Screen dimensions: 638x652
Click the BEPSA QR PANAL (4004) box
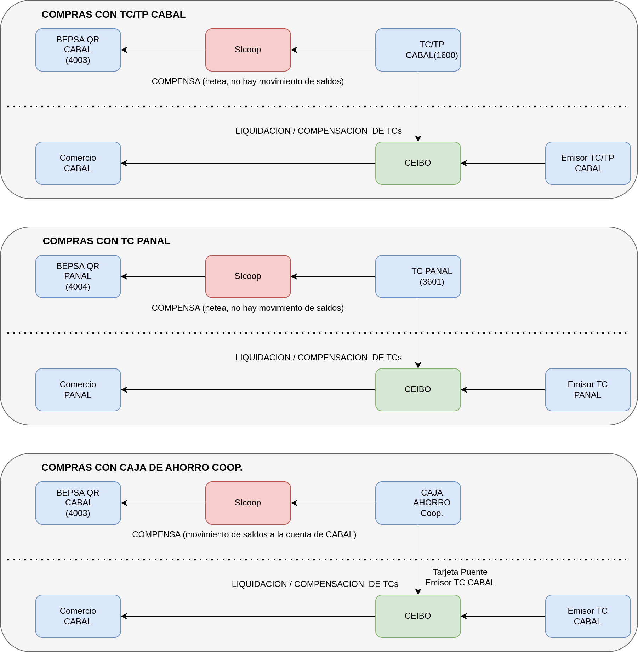[x=78, y=276]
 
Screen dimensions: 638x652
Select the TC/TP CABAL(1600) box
[x=418, y=50]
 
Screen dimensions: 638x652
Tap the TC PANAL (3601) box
[x=418, y=276]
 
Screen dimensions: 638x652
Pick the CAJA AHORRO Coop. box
[x=418, y=503]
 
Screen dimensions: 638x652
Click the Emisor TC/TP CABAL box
[x=588, y=163]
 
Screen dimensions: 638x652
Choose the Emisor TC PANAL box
[x=588, y=390]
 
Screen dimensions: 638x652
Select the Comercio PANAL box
[x=78, y=390]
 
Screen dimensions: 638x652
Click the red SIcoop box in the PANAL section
[x=248, y=276]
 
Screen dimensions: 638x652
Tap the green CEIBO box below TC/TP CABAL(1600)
[x=418, y=163]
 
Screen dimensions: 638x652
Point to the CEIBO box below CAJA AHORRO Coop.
[x=418, y=616]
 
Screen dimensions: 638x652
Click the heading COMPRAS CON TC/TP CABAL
[x=114, y=15]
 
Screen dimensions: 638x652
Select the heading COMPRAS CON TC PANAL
[x=107, y=241]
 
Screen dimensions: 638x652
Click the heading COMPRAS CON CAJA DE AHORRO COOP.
[x=142, y=468]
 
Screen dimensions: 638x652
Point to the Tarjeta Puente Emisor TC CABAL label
[x=460, y=577]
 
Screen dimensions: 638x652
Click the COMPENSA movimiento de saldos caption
[x=244, y=534]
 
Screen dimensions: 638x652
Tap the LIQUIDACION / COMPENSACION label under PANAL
[x=319, y=358]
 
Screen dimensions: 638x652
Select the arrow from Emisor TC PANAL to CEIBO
[x=503, y=390]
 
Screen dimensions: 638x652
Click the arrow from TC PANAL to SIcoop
[x=333, y=276]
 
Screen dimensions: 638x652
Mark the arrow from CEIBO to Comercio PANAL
[x=248, y=390]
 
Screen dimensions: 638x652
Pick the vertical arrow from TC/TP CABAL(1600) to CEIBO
[x=418, y=107]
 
